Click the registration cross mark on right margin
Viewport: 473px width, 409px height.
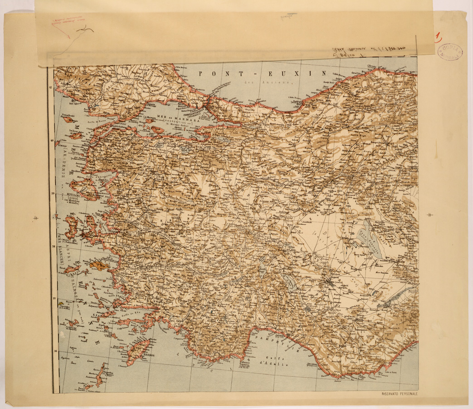pos(430,215)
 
